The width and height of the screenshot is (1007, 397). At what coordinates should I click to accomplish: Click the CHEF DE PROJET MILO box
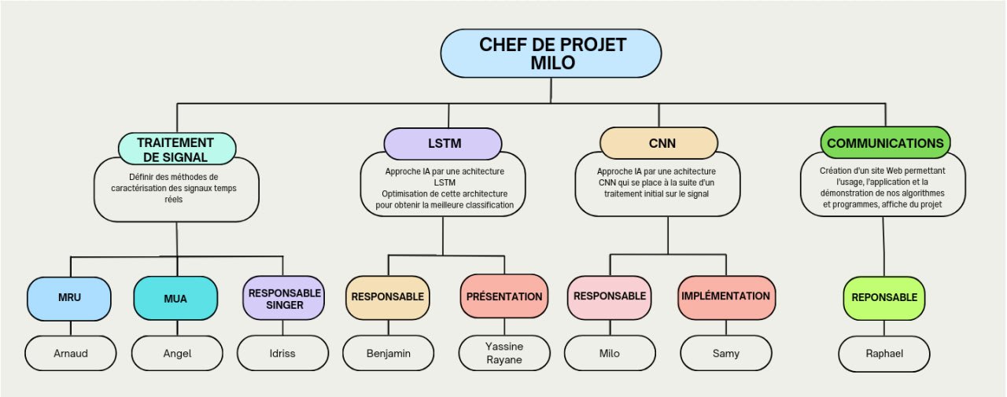551,53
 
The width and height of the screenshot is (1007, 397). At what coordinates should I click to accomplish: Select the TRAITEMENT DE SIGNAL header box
176,149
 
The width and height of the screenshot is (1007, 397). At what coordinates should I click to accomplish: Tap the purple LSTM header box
443,144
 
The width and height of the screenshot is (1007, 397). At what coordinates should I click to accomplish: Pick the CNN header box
658,144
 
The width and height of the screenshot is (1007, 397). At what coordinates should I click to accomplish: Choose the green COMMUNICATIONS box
885,144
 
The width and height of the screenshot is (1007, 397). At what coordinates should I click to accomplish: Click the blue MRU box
70,298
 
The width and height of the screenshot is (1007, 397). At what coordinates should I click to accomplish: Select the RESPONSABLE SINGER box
283,298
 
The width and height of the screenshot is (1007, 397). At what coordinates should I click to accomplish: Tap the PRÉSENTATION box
504,296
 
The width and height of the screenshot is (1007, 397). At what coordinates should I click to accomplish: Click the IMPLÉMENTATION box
725,296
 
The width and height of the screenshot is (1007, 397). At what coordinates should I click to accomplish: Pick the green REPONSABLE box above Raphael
885,298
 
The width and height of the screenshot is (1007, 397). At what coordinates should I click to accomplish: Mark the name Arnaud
70,353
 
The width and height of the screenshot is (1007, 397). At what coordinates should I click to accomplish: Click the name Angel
176,353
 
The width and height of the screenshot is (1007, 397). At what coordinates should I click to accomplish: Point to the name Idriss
282,353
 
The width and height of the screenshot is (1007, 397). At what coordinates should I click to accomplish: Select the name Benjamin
389,353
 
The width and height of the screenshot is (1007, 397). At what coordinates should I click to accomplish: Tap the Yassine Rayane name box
504,353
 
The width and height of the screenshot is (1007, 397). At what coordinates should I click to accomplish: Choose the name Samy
725,353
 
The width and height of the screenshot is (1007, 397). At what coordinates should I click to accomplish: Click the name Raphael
885,353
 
